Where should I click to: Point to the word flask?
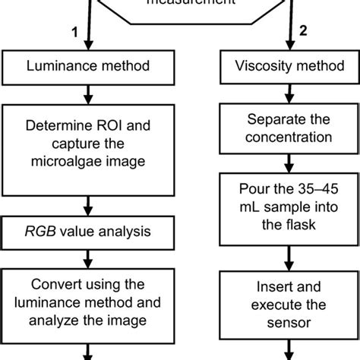[x=301, y=226]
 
